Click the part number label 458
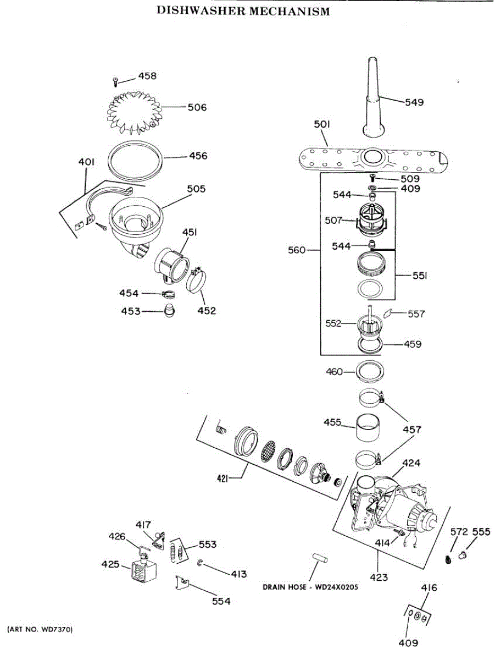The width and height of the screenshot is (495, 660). pyautogui.click(x=147, y=76)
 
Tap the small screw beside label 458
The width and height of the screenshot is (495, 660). pyautogui.click(x=115, y=82)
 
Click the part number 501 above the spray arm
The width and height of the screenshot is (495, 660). pyautogui.click(x=321, y=125)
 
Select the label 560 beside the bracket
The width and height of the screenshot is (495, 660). pyautogui.click(x=298, y=251)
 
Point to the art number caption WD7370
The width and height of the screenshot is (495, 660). pyautogui.click(x=40, y=628)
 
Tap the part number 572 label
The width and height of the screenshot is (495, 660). pyautogui.click(x=459, y=532)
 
